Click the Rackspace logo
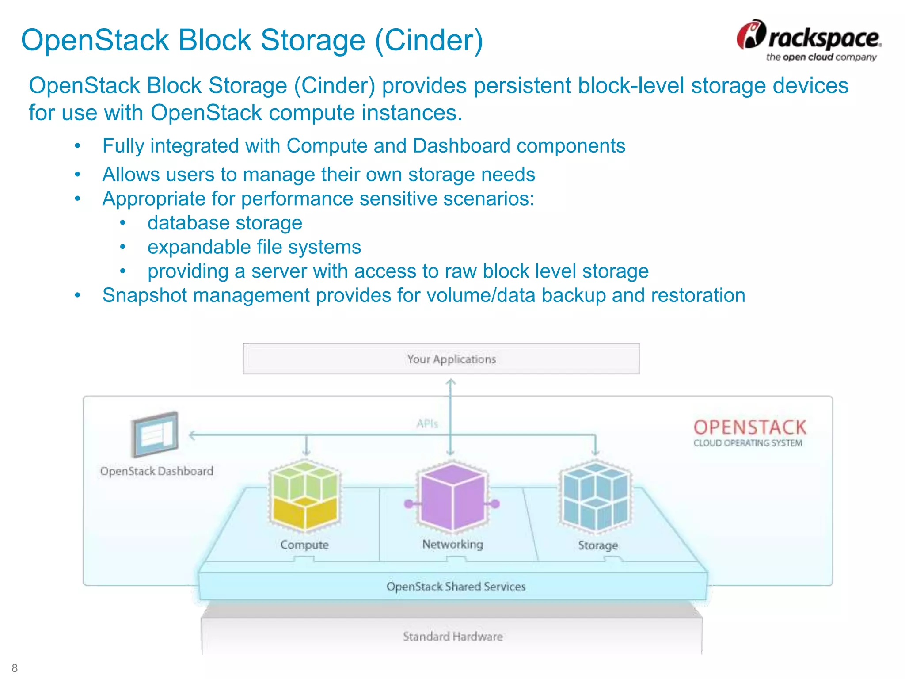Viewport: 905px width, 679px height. [x=809, y=40]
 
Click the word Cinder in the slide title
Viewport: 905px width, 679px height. [x=429, y=40]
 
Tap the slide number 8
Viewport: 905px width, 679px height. [x=15, y=668]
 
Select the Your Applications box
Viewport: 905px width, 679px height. [x=441, y=359]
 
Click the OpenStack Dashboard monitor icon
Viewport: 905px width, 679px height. [x=155, y=434]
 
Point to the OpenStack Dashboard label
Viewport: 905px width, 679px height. [x=156, y=471]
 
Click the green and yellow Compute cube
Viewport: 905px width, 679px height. [x=305, y=495]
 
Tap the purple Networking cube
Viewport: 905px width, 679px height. [x=452, y=496]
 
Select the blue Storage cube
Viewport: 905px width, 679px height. [x=595, y=495]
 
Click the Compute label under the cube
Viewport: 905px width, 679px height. [x=304, y=545]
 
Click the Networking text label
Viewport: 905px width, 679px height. [x=452, y=544]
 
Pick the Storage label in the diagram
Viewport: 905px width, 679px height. [x=598, y=545]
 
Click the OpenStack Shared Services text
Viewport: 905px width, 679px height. [x=456, y=587]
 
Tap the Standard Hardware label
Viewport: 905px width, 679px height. [x=452, y=637]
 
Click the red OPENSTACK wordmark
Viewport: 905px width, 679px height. [x=749, y=427]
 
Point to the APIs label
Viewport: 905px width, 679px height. [x=427, y=424]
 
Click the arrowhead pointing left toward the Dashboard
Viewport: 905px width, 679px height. [x=192, y=435]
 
